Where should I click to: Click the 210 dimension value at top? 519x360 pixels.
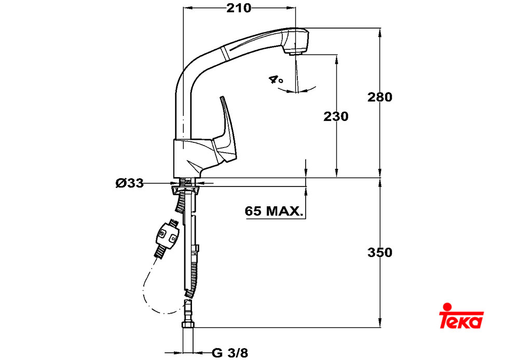(238, 8)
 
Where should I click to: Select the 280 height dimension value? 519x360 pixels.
(380, 97)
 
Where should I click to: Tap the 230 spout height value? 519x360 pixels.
(336, 116)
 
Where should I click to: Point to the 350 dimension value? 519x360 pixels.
(380, 252)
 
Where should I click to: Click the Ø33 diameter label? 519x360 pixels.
(130, 183)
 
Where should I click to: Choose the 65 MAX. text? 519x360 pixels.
(274, 210)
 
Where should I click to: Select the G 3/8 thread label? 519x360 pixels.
(230, 353)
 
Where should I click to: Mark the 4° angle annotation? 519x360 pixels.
(276, 80)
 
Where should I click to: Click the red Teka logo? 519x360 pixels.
(461, 316)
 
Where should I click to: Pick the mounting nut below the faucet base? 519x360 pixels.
(185, 189)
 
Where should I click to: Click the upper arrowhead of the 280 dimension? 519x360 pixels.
(380, 32)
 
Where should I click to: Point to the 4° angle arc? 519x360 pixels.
(297, 90)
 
